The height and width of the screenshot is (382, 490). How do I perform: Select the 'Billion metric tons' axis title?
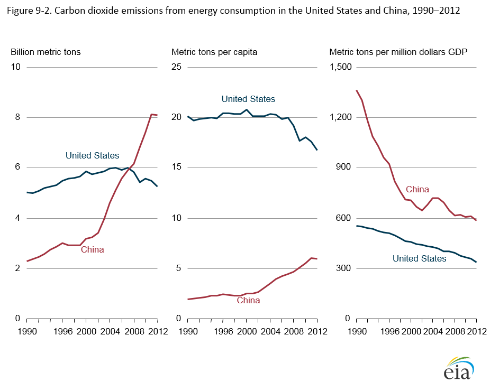tap(46, 52)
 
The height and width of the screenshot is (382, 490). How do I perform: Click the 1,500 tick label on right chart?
tap(341, 67)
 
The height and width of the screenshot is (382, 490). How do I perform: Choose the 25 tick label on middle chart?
tap(177, 67)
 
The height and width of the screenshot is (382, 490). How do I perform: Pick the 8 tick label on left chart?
tap(17, 117)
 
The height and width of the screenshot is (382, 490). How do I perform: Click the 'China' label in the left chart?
tap(92, 249)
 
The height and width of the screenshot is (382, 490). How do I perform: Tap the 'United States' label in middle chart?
tap(248, 99)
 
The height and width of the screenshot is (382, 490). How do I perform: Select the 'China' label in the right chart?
tap(417, 189)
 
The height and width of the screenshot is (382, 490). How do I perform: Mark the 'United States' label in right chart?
tap(419, 258)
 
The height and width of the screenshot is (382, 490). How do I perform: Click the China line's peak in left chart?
tap(151, 114)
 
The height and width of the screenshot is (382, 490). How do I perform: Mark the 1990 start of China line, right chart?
tap(357, 90)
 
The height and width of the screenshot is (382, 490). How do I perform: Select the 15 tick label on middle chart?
tap(177, 167)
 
